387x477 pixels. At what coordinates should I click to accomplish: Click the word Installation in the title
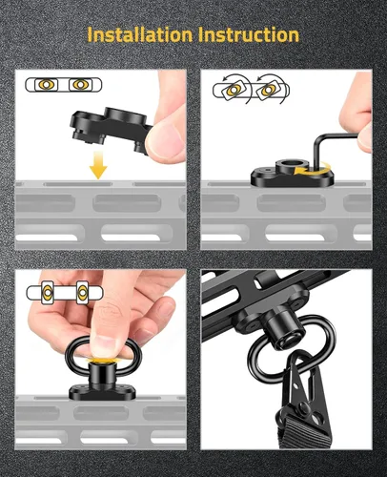point(140,34)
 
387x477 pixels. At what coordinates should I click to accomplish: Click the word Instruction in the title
point(249,34)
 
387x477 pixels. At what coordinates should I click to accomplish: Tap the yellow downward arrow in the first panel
point(98,165)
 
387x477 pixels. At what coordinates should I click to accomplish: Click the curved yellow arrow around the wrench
point(313,169)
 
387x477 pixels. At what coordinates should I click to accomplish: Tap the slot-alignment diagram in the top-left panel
point(63,85)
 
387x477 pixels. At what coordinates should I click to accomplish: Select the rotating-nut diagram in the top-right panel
point(251,90)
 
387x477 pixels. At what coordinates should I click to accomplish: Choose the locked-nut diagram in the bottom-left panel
point(65,292)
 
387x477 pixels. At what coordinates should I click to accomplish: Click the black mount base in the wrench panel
point(293,176)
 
